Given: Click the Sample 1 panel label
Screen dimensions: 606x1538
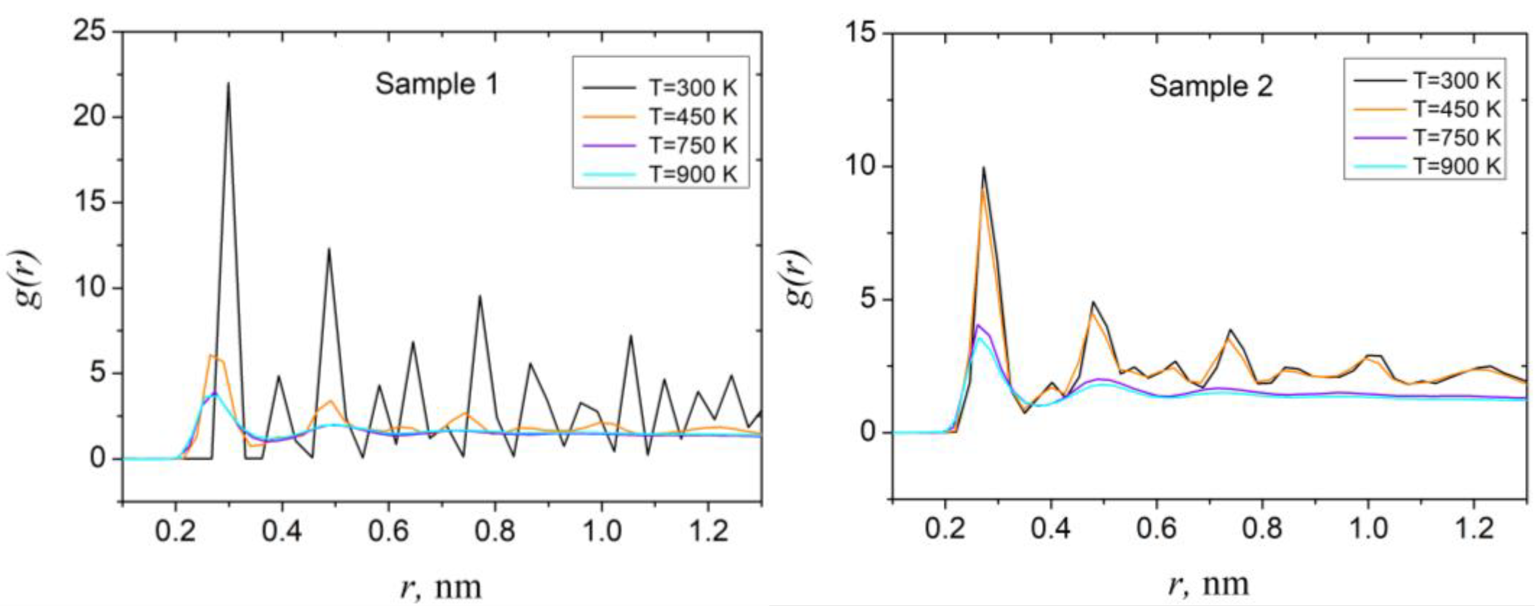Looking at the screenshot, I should (437, 85).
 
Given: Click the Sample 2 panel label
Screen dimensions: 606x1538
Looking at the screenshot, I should (1210, 87).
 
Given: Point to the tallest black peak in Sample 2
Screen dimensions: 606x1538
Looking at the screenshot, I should (983, 168).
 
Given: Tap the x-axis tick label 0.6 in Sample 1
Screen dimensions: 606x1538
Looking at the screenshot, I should (388, 531).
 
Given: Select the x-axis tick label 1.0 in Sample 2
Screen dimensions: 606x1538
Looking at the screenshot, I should (1368, 529).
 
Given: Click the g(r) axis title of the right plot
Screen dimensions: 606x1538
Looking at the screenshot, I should (799, 278).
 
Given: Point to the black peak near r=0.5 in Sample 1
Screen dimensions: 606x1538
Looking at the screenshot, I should (328, 250).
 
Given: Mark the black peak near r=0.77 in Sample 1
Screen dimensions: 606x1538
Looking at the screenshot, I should (480, 296).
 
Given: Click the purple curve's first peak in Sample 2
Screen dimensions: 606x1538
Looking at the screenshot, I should (978, 326).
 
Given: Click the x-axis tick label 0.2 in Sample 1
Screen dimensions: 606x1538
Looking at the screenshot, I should (175, 531).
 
